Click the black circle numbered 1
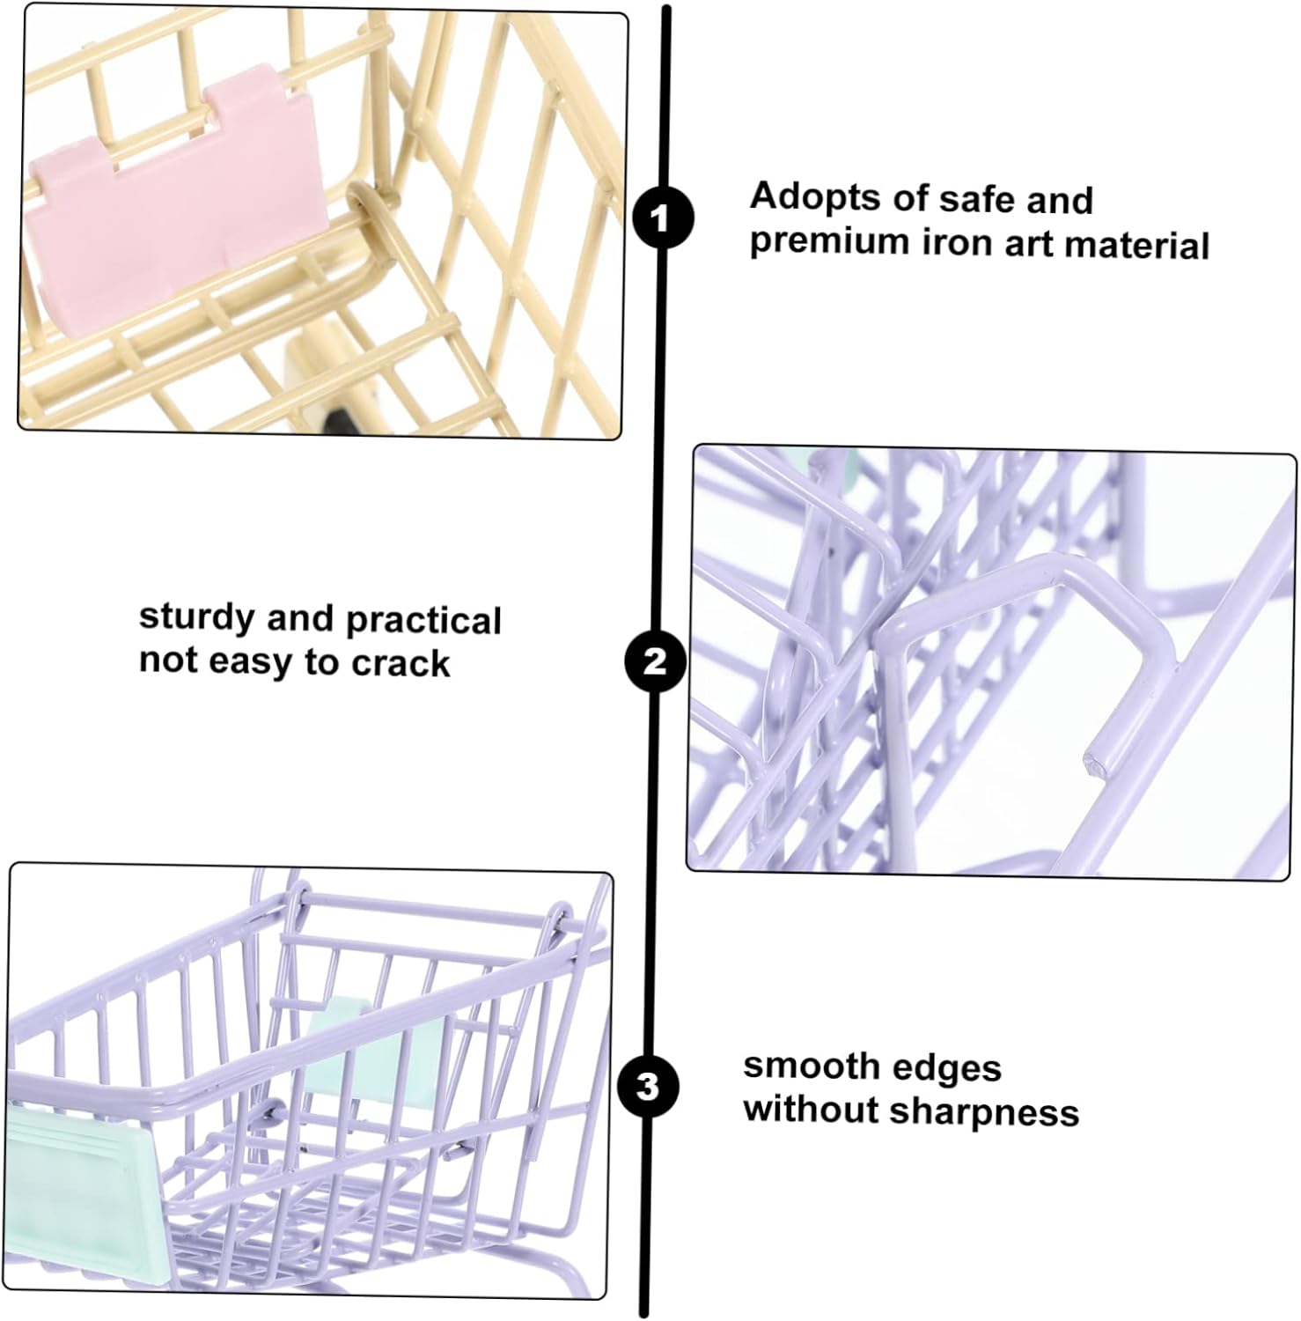pyautogui.click(x=664, y=218)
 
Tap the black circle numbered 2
pyautogui.click(x=656, y=660)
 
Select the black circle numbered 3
pyautogui.click(x=649, y=1086)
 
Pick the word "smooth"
pyautogui.click(x=808, y=1066)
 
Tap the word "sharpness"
pyautogui.click(x=984, y=1113)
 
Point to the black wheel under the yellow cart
pyautogui.click(x=342, y=417)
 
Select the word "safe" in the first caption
pyautogui.click(x=973, y=199)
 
